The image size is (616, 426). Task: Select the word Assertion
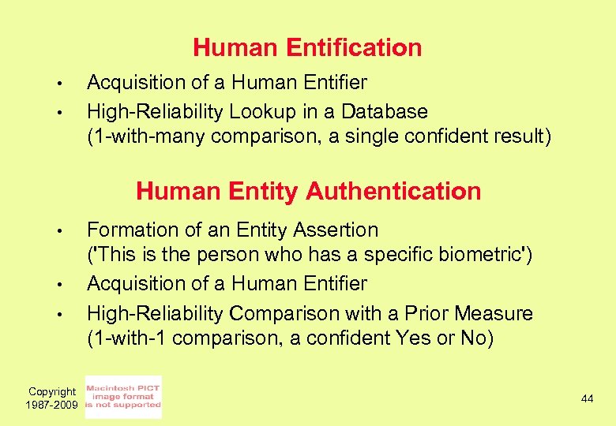tap(336, 230)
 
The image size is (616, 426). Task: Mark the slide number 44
tap(587, 399)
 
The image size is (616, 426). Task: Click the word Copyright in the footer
tap(52, 391)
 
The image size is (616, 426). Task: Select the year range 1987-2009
tap(52, 404)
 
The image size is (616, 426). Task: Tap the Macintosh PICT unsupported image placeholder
tap(122, 397)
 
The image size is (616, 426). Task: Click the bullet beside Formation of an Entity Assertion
tap(58, 231)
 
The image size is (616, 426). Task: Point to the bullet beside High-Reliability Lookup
tap(58, 112)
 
